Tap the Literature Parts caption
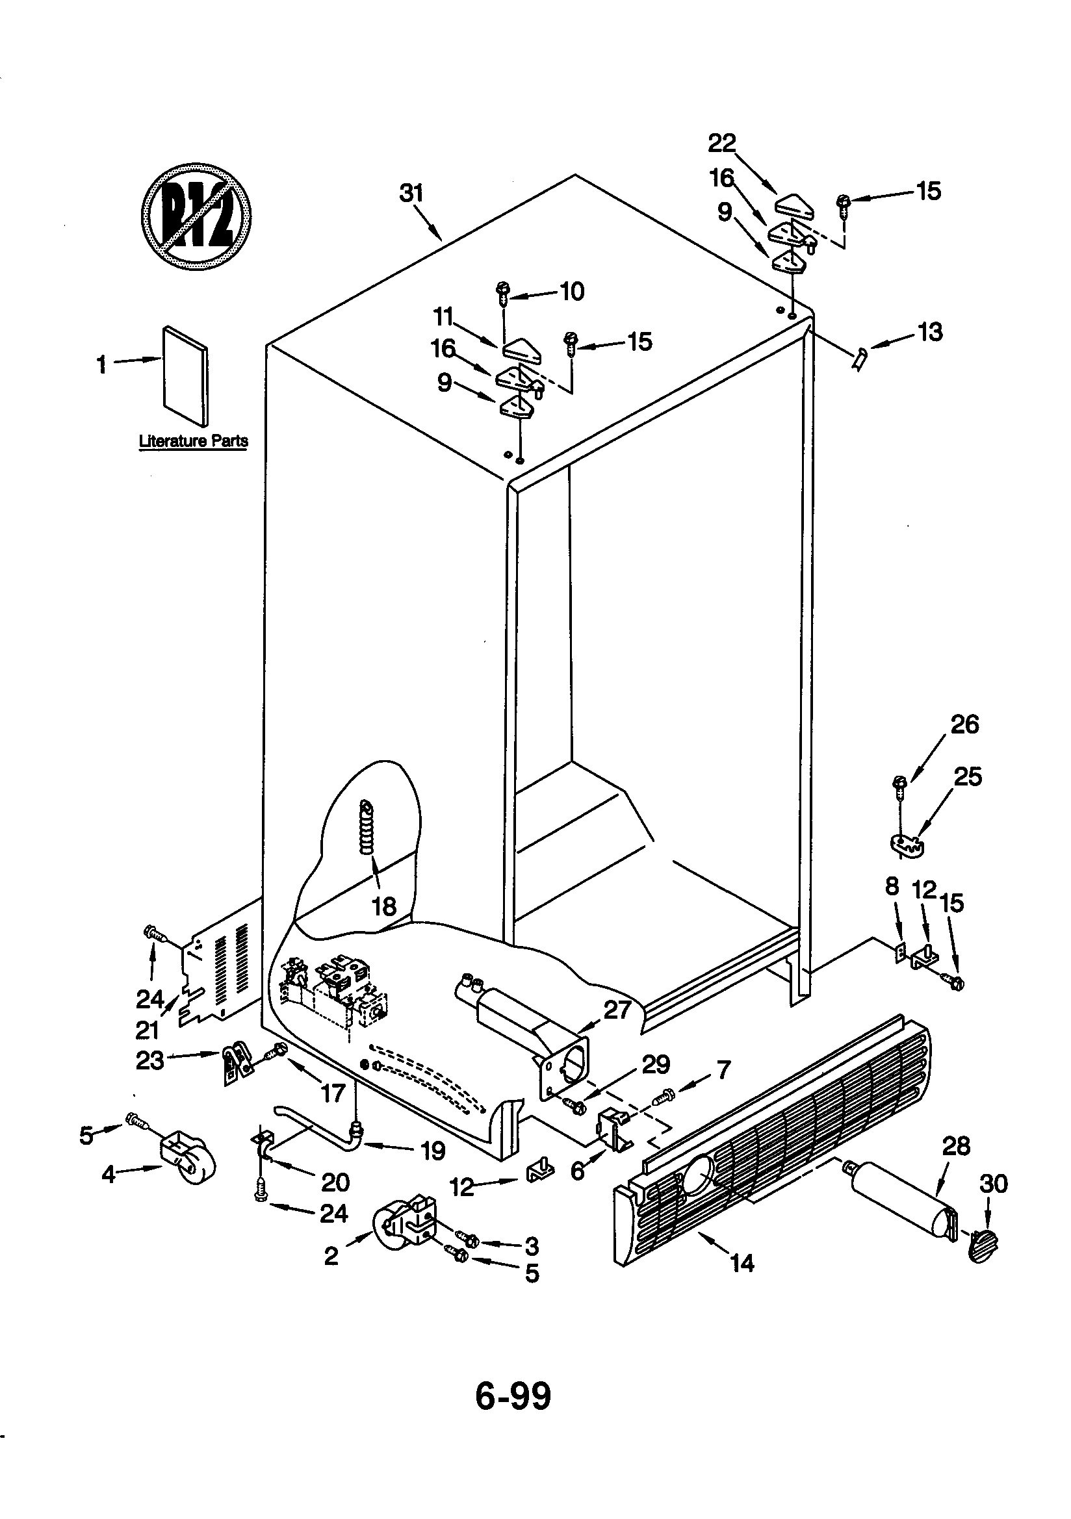(193, 441)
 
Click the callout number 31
(411, 193)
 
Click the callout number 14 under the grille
(742, 1264)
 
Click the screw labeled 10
(503, 291)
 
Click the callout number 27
(616, 1010)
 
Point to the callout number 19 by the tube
(433, 1151)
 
